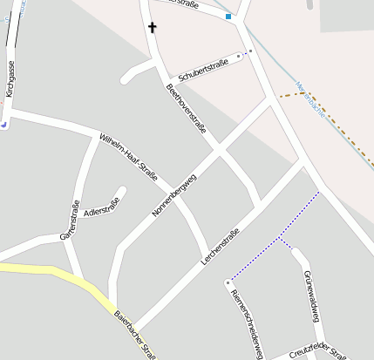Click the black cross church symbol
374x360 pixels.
click(x=153, y=27)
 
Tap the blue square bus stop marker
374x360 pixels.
click(x=228, y=17)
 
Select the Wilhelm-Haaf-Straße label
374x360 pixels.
click(x=128, y=158)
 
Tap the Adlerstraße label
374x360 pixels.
click(x=101, y=207)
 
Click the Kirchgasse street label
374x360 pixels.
click(x=10, y=78)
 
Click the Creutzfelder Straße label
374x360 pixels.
click(x=318, y=351)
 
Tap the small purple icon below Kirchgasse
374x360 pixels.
click(x=4, y=124)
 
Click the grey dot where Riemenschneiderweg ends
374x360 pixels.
click(x=228, y=282)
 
